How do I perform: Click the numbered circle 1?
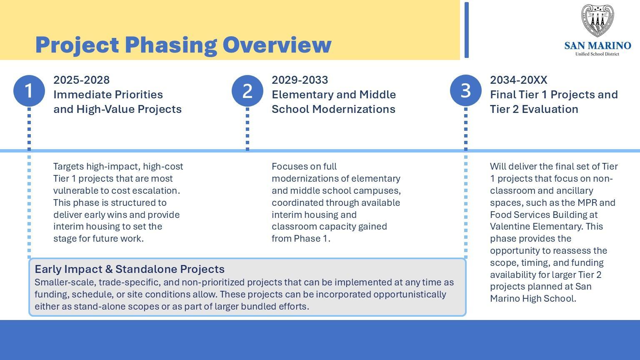click(x=29, y=91)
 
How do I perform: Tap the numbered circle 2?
click(x=247, y=91)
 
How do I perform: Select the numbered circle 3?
click(x=466, y=91)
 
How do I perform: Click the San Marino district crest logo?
click(x=597, y=21)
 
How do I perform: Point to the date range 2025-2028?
click(x=81, y=80)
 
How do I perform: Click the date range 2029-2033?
click(x=300, y=80)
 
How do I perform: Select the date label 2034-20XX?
click(x=518, y=80)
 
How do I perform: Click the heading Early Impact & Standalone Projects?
click(x=130, y=269)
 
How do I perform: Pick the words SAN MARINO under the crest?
click(x=597, y=45)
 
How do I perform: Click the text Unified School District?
click(x=597, y=54)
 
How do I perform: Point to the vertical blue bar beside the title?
click(x=467, y=30)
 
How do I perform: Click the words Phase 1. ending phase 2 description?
click(x=312, y=239)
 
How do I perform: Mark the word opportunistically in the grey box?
click(x=409, y=295)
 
